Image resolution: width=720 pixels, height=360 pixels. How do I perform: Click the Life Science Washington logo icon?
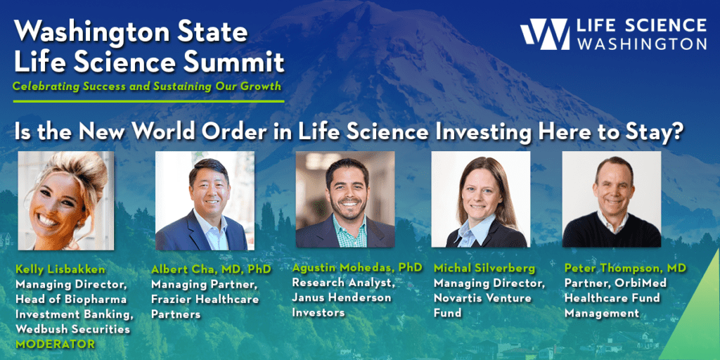pyautogui.click(x=544, y=34)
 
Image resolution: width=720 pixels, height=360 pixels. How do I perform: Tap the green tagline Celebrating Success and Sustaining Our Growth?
pyautogui.click(x=148, y=87)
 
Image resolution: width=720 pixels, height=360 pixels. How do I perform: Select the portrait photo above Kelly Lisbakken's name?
pyautogui.click(x=65, y=200)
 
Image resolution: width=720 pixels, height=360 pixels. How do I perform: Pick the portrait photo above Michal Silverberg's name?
pyautogui.click(x=480, y=200)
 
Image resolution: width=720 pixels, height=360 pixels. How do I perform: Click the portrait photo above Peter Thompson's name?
pyautogui.click(x=612, y=200)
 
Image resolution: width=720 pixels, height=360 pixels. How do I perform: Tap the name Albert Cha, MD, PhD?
pyautogui.click(x=211, y=269)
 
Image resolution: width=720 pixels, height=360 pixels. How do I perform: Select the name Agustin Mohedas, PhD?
pyautogui.click(x=357, y=268)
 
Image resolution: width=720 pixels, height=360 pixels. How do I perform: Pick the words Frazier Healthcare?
pyautogui.click(x=205, y=299)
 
